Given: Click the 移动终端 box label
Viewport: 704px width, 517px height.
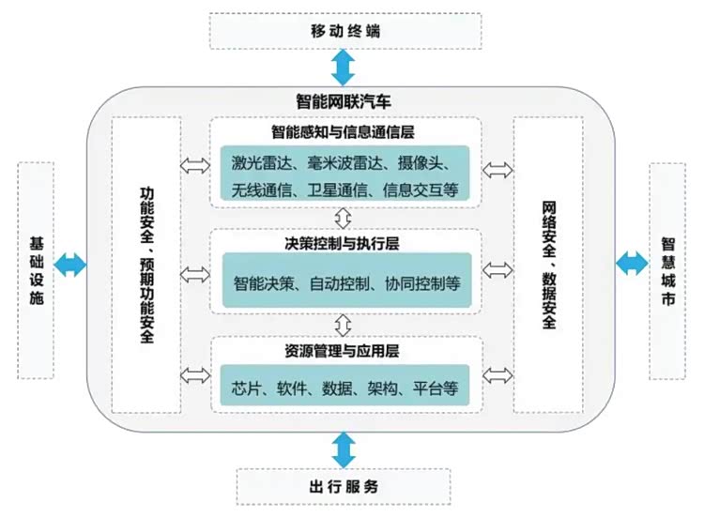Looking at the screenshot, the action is point(345,31).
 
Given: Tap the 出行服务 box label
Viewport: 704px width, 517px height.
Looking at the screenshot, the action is point(344,486).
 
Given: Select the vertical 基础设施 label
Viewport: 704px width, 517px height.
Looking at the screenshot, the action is point(37,270).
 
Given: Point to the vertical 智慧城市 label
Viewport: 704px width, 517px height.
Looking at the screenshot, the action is point(668,271).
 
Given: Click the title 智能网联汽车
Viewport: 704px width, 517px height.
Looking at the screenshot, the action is point(344,101).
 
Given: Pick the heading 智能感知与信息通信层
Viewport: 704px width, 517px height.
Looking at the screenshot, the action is point(343,132).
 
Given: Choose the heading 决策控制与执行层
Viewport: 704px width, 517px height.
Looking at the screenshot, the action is point(342,243).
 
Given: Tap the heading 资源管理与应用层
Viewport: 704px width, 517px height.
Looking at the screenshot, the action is point(342,351).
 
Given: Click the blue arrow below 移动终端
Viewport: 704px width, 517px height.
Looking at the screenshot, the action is point(344,68).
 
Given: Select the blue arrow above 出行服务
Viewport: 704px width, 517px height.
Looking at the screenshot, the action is point(344,449).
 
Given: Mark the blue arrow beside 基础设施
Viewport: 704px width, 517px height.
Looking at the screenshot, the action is point(70,265).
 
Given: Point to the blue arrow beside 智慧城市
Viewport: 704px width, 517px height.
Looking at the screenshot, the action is point(632,264).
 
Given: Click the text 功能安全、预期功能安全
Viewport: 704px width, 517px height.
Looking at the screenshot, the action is point(146,266).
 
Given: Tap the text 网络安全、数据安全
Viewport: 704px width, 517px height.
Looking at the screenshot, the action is point(549,266).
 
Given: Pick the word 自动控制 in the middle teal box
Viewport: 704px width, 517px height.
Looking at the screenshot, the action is point(340,283).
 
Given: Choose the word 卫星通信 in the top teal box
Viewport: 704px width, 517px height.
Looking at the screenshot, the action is point(337,190).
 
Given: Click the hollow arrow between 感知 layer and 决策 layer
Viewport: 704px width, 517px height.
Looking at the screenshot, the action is point(344,219).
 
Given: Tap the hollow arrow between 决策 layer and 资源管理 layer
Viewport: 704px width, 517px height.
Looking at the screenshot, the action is point(344,325).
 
